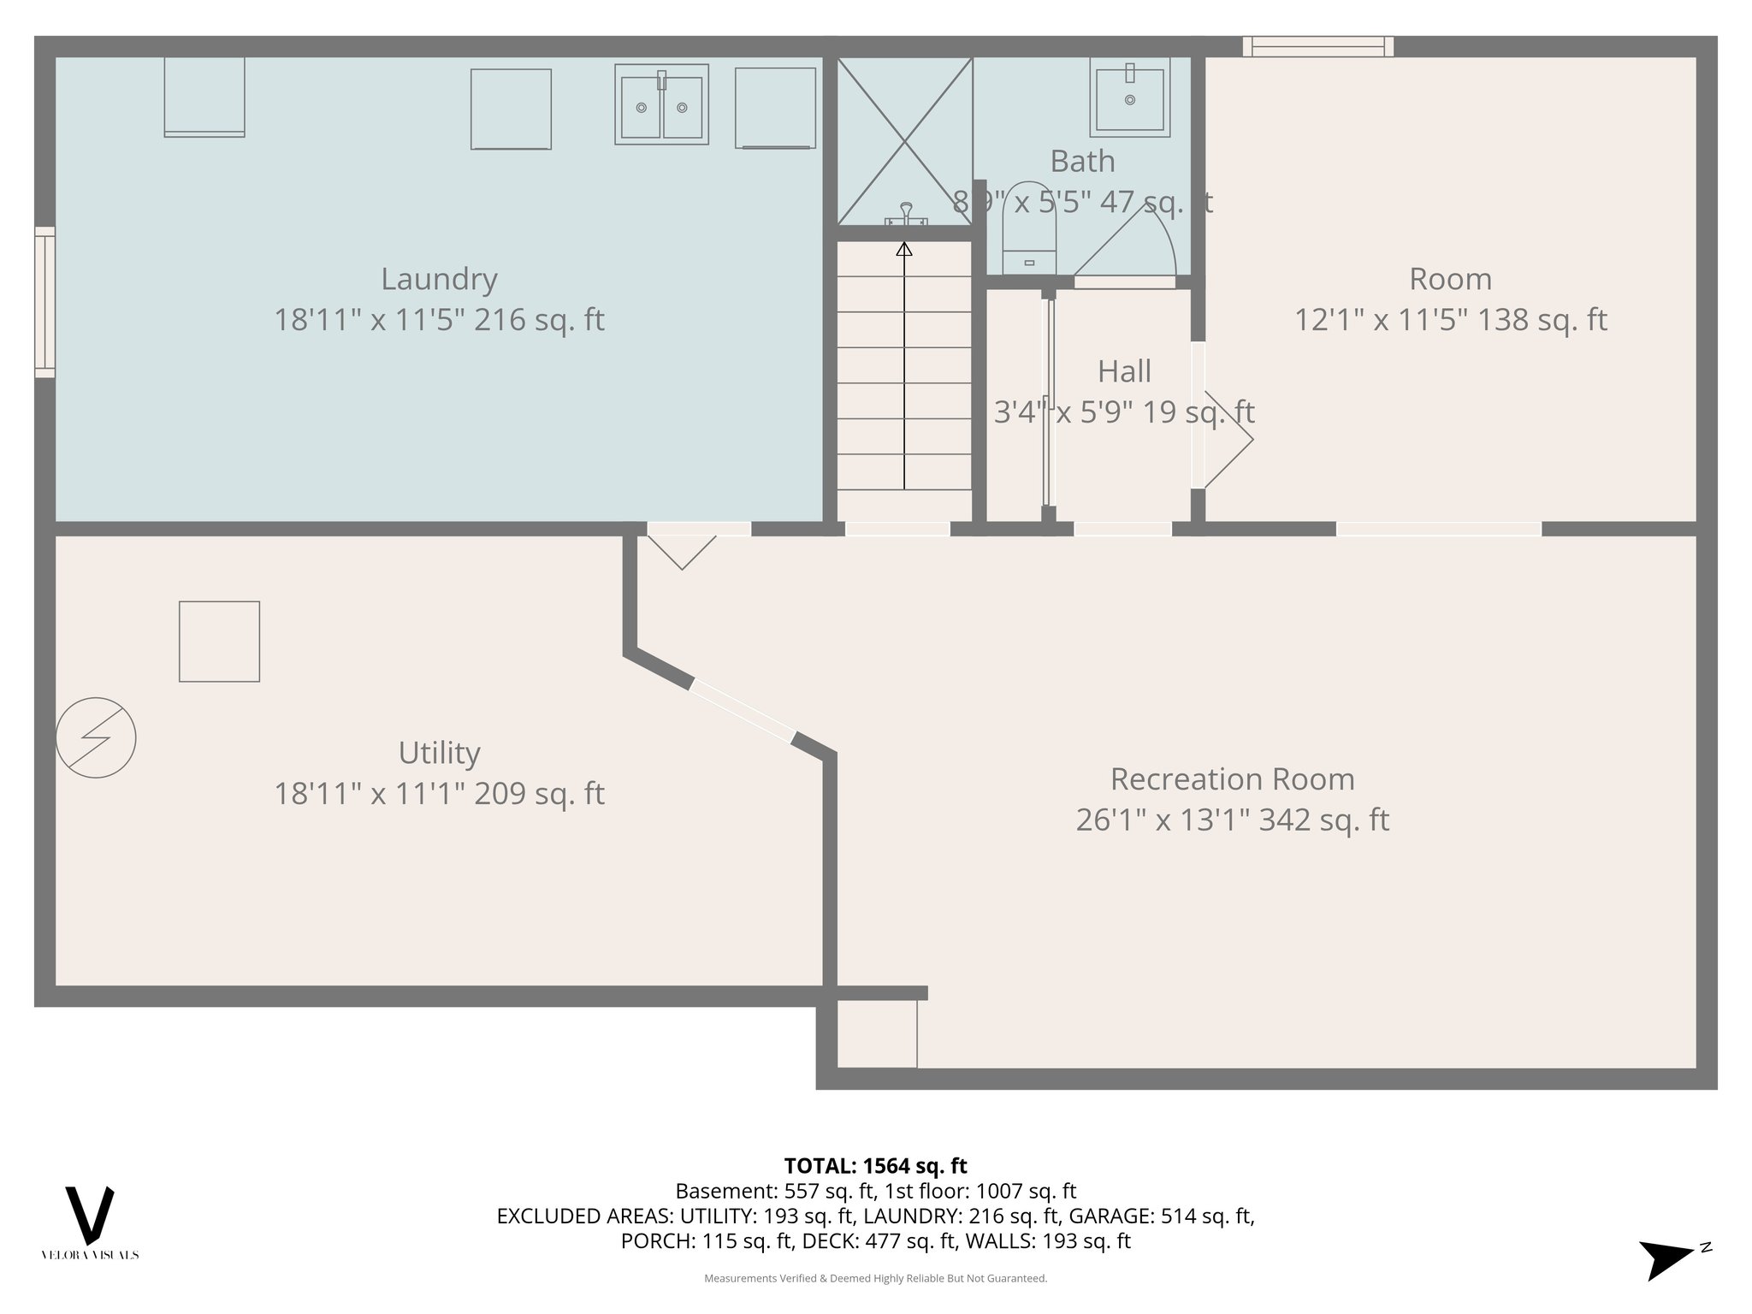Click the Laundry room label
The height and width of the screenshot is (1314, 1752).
(x=439, y=280)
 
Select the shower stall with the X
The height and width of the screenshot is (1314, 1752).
(x=904, y=141)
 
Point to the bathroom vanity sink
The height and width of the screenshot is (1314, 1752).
(x=1129, y=98)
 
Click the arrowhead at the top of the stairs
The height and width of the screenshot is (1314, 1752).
(x=904, y=249)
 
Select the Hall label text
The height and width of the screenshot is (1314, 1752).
(x=1124, y=372)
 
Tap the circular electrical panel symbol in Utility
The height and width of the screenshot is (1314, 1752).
(x=96, y=737)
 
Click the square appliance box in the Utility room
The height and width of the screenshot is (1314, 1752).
(x=219, y=642)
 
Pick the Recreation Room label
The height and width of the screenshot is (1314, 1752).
(x=1232, y=779)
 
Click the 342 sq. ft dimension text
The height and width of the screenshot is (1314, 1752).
(x=1232, y=820)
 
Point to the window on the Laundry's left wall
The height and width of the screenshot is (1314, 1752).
(x=44, y=302)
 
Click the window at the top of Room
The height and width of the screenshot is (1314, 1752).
(x=1317, y=46)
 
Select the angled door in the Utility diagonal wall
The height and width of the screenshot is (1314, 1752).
(x=743, y=709)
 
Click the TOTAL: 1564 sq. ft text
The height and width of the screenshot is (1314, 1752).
(x=875, y=1166)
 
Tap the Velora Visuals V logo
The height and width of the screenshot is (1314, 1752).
(x=90, y=1215)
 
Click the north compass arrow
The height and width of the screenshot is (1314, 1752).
(x=1668, y=1258)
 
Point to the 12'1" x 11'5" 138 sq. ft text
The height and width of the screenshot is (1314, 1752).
(x=1450, y=321)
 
